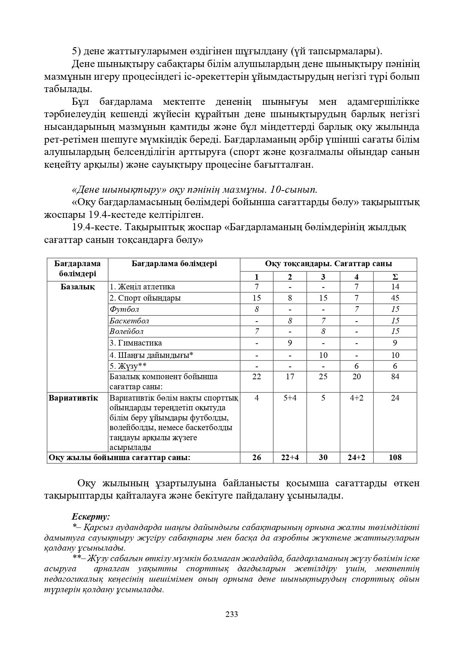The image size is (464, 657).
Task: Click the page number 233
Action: click(x=232, y=614)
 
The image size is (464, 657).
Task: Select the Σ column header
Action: click(x=395, y=277)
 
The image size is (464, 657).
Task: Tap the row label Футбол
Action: click(x=124, y=309)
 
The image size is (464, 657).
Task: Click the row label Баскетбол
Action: click(x=129, y=321)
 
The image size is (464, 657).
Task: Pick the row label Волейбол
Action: click(x=126, y=331)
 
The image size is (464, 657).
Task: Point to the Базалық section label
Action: click(x=77, y=287)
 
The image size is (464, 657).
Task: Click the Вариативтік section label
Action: click(x=73, y=398)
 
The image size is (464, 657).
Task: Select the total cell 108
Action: click(x=395, y=457)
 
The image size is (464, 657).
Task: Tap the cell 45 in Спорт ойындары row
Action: click(x=395, y=298)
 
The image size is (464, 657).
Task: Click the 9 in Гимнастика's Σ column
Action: click(x=395, y=343)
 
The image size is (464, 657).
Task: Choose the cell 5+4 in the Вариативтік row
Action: click(x=290, y=398)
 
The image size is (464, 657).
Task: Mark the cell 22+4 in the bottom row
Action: click(x=290, y=457)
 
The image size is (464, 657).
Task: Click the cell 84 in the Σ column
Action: click(x=395, y=377)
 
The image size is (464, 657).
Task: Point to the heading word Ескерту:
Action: click(x=91, y=517)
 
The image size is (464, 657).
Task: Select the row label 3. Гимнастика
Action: click(x=136, y=343)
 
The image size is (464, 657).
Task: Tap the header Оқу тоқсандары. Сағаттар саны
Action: click(x=328, y=264)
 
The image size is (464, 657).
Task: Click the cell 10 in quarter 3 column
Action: click(x=323, y=355)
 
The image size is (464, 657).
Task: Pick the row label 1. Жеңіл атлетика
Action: click(x=142, y=287)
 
